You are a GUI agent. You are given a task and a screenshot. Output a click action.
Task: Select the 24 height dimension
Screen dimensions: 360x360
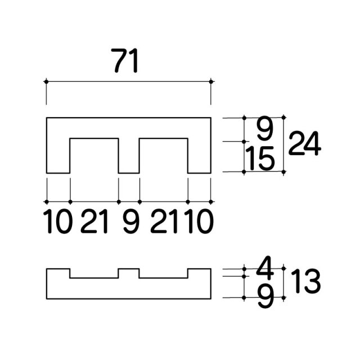(x=304, y=143)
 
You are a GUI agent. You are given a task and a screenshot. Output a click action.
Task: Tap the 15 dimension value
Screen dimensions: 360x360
(x=260, y=159)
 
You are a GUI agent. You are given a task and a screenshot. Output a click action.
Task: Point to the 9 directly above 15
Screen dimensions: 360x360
(x=265, y=128)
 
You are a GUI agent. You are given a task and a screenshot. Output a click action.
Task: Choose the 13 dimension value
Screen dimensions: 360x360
(x=305, y=281)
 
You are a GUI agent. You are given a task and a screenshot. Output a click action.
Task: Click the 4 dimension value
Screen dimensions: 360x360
(x=265, y=266)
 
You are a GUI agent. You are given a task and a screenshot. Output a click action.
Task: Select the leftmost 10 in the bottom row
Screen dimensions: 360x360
(x=58, y=222)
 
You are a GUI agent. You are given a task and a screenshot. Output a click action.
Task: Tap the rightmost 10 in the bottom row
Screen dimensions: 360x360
(x=199, y=222)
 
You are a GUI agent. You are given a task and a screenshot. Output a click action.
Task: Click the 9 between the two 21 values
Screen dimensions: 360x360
(x=131, y=222)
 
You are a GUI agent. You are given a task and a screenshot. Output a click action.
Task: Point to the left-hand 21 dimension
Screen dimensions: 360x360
(x=94, y=222)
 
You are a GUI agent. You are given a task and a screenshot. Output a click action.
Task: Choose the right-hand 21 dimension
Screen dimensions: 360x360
(x=164, y=222)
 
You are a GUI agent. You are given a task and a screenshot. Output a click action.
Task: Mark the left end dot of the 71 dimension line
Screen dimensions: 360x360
(x=46, y=82)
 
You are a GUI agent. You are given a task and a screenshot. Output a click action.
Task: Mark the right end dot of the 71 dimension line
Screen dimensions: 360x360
(x=211, y=82)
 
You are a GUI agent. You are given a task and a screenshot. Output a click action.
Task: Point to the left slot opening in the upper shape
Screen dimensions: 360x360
(x=94, y=156)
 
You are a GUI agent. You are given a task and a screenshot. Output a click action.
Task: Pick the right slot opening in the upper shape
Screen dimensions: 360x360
(x=164, y=156)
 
